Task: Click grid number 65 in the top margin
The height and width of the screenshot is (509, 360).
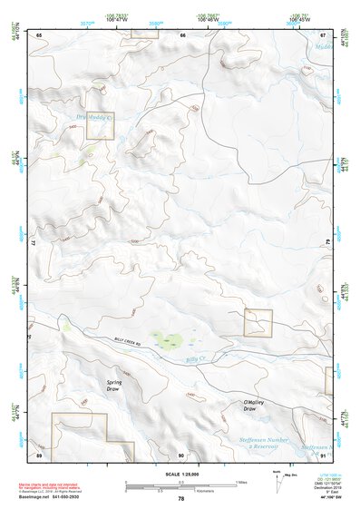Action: point(39,34)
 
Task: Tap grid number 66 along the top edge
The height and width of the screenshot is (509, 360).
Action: point(182,34)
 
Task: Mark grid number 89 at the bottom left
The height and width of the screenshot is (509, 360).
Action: point(39,455)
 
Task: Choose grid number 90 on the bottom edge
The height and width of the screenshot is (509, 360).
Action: point(181,455)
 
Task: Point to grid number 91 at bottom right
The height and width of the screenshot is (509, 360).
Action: point(324,455)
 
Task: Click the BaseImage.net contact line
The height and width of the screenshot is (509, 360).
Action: point(64,497)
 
